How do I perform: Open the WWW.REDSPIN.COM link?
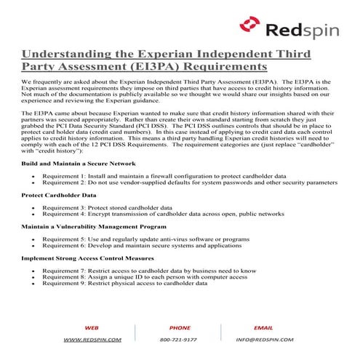click(92, 340)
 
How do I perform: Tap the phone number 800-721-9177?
click(180, 340)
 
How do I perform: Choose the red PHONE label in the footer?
click(180, 328)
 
